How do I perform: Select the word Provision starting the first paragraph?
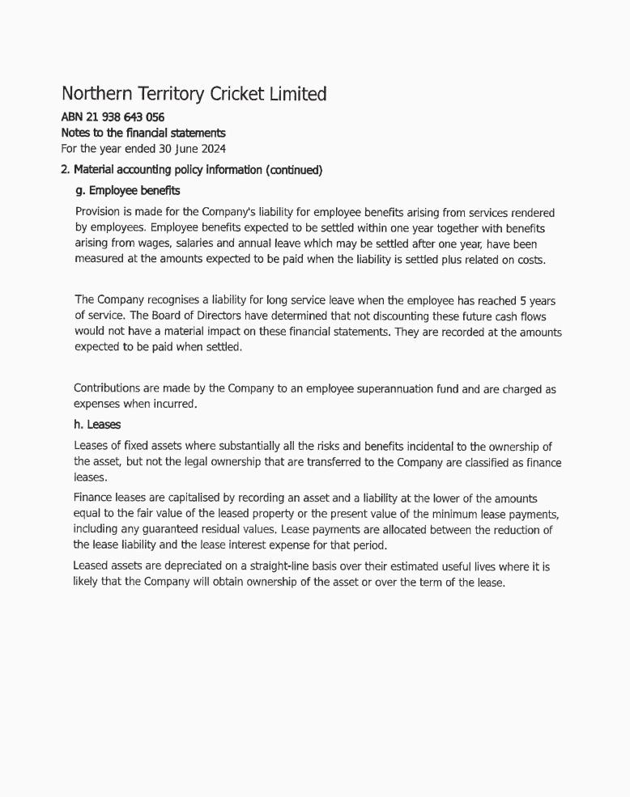[x=100, y=213]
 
